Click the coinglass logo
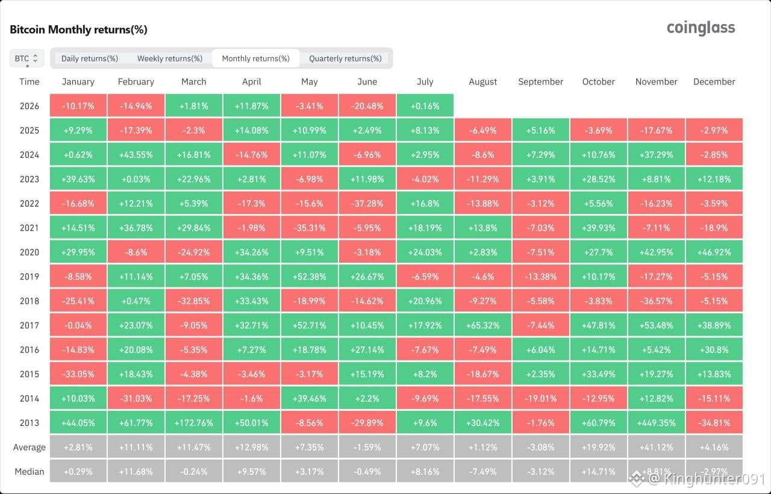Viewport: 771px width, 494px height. (x=701, y=28)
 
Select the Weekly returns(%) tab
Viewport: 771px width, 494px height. (x=170, y=58)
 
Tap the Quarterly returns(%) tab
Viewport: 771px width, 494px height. (x=345, y=58)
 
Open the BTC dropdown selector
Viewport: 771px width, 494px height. (x=27, y=58)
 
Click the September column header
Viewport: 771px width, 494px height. (x=540, y=81)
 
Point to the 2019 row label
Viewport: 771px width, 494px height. (x=30, y=277)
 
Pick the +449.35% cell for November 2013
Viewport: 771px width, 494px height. (x=656, y=422)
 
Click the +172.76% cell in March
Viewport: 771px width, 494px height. (x=194, y=422)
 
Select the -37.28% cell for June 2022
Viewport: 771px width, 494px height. (x=367, y=204)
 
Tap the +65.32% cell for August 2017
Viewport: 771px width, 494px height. (x=482, y=325)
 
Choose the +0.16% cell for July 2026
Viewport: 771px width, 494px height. (x=425, y=105)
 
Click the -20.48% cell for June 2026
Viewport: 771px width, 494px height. (x=367, y=105)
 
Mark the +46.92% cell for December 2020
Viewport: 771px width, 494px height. (x=714, y=252)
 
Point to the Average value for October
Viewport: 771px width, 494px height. (x=598, y=447)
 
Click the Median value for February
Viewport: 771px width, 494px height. (x=136, y=471)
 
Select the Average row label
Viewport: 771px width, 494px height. (x=30, y=447)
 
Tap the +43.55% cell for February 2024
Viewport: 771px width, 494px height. (x=136, y=155)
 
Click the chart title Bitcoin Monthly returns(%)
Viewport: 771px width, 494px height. (x=78, y=30)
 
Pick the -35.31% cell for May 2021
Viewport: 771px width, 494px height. (x=310, y=228)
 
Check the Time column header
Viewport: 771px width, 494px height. (x=30, y=81)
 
